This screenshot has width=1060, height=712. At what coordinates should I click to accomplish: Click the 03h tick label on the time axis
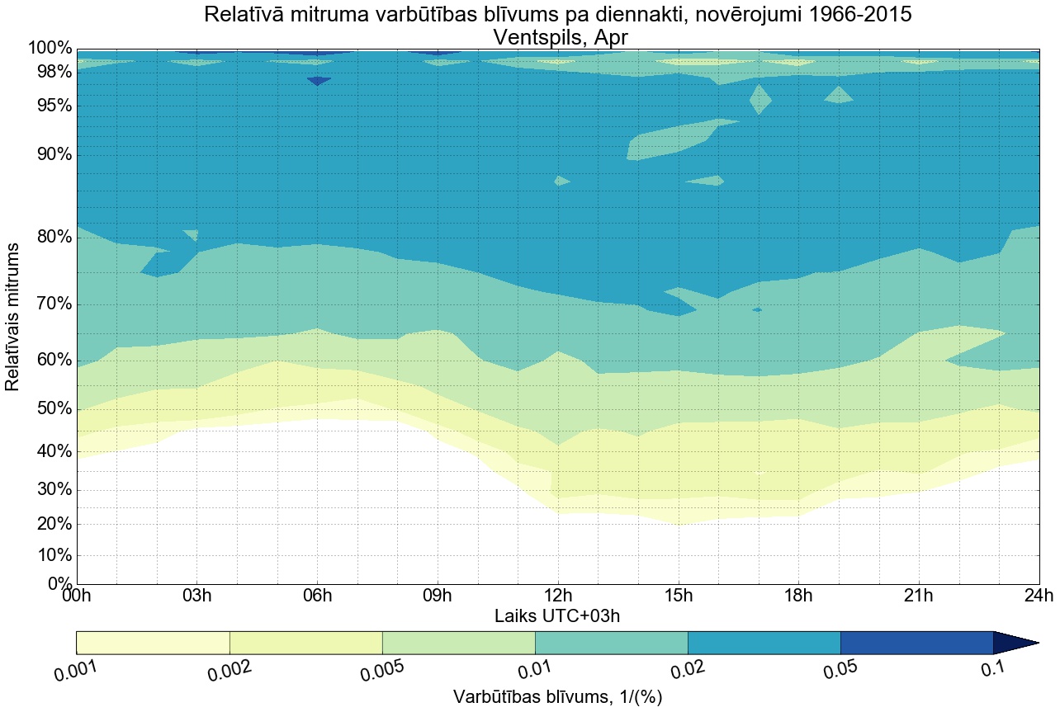point(196,596)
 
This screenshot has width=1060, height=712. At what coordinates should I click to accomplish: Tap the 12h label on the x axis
point(557,596)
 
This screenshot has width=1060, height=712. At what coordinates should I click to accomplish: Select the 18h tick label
point(797,596)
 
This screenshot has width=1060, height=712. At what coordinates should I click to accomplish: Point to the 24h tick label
point(1038,596)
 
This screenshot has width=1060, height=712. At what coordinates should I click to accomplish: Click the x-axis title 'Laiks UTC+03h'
point(557,616)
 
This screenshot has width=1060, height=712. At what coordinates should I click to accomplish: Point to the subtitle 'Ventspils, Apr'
point(557,37)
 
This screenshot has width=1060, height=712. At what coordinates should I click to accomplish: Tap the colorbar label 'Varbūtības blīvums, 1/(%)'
point(557,697)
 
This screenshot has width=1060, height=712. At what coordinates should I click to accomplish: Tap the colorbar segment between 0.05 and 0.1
point(916,643)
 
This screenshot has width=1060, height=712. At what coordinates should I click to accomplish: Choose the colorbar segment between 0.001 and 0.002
point(153,643)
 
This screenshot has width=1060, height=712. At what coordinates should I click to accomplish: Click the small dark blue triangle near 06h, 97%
point(319,81)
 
